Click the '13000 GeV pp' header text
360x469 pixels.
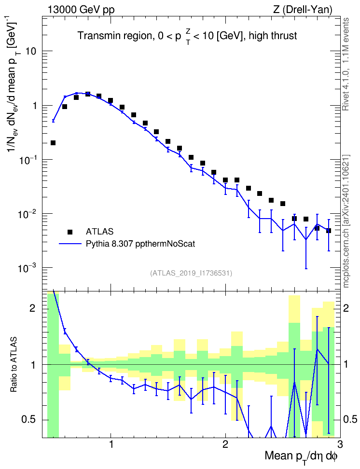pos(81,10)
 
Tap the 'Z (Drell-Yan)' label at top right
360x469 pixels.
pos(303,10)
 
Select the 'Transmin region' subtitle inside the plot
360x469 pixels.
pos(115,36)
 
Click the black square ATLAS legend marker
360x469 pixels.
pos(70,232)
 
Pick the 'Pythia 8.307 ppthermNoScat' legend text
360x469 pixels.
pos(140,244)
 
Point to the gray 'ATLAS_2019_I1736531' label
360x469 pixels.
pos(191,273)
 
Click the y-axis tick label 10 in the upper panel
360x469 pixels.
pos(30,51)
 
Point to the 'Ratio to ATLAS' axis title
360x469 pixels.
pos(14,365)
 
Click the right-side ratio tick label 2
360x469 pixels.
pos(346,308)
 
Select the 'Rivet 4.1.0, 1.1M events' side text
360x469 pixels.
pos(346,64)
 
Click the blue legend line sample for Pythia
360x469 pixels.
pos(70,244)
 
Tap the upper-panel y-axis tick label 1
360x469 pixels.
pos(33,106)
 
